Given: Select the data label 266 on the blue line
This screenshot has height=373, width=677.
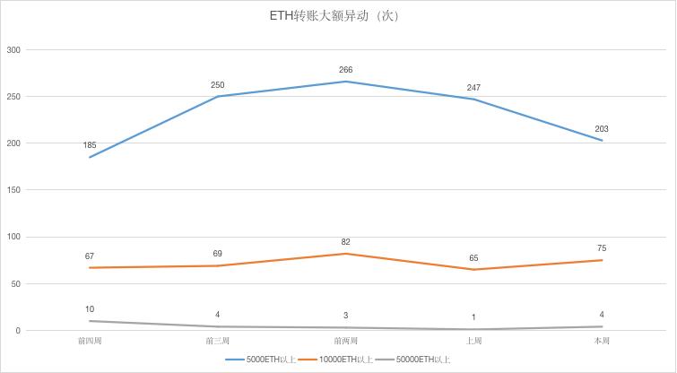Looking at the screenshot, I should pos(346,70).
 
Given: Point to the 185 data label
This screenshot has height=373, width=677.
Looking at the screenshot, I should pos(90,145).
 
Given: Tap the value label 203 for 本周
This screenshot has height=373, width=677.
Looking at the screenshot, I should pos(602,129).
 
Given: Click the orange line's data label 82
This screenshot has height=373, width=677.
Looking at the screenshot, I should pos(346,242).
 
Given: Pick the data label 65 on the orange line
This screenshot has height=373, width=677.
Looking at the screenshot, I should pos(474,258).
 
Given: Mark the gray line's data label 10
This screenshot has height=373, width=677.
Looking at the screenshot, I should pos(90,309).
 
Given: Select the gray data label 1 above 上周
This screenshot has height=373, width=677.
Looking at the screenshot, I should pos(474,317).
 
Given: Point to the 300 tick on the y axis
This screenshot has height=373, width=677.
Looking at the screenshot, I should pos(13,49).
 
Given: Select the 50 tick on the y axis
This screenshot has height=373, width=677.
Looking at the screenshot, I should pos(16,284).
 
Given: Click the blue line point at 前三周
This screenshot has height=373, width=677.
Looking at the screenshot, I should pos(218,96).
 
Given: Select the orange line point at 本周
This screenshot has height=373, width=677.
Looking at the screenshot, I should pos(602,260).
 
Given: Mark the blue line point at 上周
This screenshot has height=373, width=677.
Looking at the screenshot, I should pos(474,99).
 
